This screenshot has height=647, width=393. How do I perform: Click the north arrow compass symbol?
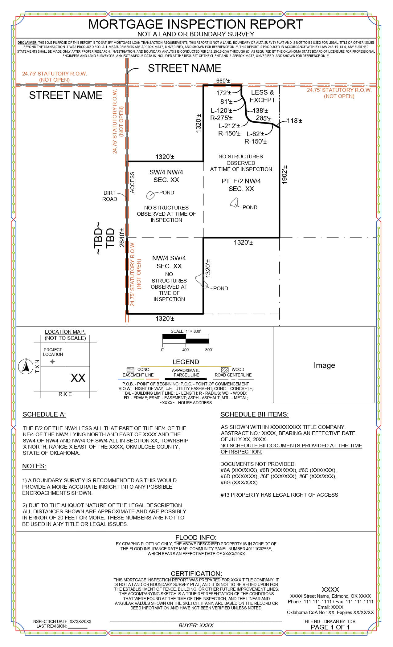pyautogui.click(x=26, y=367)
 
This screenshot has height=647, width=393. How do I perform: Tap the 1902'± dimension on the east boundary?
pyautogui.click(x=285, y=175)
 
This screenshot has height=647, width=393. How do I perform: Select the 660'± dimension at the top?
pyautogui.click(x=223, y=81)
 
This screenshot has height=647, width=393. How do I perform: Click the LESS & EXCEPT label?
pyautogui.click(x=262, y=96)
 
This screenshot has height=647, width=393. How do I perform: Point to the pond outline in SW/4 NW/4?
pyautogui.click(x=150, y=195)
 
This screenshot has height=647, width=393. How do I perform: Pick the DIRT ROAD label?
pyautogui.click(x=110, y=196)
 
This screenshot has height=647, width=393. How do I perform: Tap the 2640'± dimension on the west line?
pyautogui.click(x=122, y=238)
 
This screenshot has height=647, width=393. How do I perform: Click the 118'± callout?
pyautogui.click(x=294, y=121)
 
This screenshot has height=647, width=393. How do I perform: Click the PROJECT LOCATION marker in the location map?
pyautogui.click(x=52, y=362)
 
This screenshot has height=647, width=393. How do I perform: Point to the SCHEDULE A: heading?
pyautogui.click(x=44, y=414)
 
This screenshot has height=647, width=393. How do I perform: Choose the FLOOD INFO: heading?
pyautogui.click(x=196, y=538)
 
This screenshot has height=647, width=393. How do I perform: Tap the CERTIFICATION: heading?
pyautogui.click(x=196, y=573)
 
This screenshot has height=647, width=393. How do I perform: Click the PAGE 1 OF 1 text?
pyautogui.click(x=330, y=627)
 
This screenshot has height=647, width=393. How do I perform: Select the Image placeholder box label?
pyautogui.click(x=324, y=365)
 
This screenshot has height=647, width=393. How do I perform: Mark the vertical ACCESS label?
pyautogui.click(x=133, y=183)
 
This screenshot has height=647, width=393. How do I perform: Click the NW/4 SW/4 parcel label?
pyautogui.click(x=169, y=258)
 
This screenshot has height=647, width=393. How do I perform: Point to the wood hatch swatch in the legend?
pyautogui.click(x=225, y=369)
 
